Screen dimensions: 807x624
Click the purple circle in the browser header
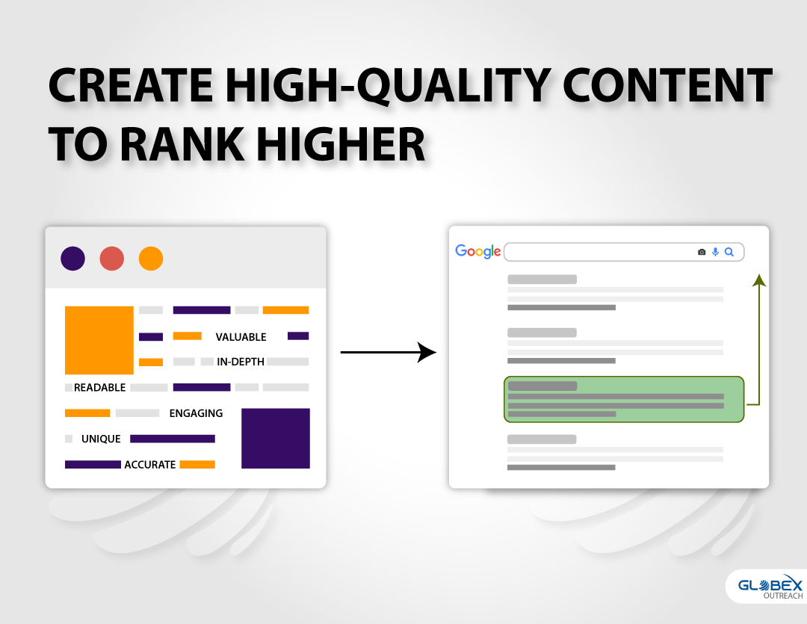tap(72, 259)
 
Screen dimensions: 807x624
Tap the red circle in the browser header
tap(111, 259)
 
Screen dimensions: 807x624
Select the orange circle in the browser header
tap(151, 259)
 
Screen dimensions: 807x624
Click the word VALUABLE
tap(241, 337)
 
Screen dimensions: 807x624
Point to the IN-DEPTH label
tap(241, 362)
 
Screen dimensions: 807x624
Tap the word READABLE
tap(99, 388)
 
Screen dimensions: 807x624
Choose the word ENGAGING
tap(196, 413)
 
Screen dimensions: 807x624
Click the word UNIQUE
tap(101, 439)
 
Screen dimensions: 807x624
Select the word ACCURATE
tap(149, 465)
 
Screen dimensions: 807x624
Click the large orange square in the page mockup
tap(99, 340)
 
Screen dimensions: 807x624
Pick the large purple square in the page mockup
tap(275, 439)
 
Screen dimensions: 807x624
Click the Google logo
tap(477, 251)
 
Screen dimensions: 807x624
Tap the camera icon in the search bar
tap(702, 252)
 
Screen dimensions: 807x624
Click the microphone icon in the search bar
tap(715, 252)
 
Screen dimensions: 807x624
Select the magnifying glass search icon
tap(729, 252)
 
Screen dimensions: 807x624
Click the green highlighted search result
tap(624, 400)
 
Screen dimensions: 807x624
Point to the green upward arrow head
tap(759, 280)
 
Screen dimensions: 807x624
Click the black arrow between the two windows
tap(389, 352)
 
